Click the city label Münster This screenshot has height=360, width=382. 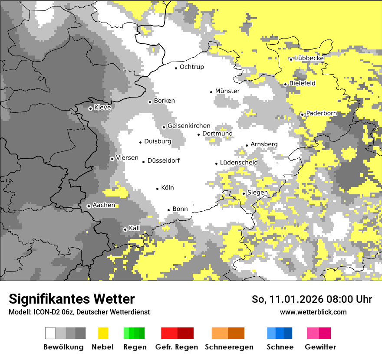click(x=227, y=91)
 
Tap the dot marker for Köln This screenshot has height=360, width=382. click(x=158, y=189)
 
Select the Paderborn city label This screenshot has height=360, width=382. click(x=322, y=113)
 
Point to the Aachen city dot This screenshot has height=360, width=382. click(x=89, y=206)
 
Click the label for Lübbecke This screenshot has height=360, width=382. click(x=310, y=58)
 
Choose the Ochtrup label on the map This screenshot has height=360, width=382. click(x=192, y=67)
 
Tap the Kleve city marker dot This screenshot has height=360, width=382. click(x=90, y=108)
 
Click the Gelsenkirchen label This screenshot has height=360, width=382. click(x=189, y=126)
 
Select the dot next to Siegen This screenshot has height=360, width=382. click(x=244, y=193)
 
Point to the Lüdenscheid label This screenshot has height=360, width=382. click(x=239, y=163)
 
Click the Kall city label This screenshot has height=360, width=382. click(x=135, y=228)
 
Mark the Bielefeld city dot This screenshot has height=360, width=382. click(x=285, y=84)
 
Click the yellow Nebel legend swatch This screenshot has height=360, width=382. click(x=103, y=333)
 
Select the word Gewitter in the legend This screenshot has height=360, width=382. click(x=320, y=347)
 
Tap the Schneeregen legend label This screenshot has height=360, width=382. click(x=229, y=347)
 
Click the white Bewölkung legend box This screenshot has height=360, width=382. click(x=50, y=333)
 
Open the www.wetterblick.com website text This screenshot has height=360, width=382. click(x=313, y=312)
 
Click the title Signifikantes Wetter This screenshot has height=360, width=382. click(x=72, y=299)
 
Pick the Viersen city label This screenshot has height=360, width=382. click(x=127, y=158)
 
